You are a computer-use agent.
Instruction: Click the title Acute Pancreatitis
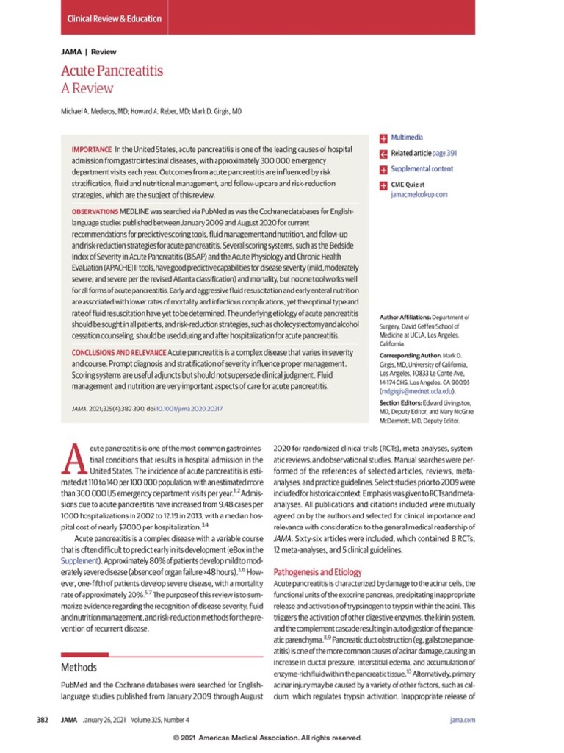(112, 71)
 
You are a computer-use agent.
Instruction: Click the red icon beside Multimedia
(383, 138)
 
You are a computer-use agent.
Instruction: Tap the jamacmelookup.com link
(419, 195)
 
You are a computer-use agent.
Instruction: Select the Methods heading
(79, 668)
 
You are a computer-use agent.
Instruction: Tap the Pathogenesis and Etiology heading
(317, 571)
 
